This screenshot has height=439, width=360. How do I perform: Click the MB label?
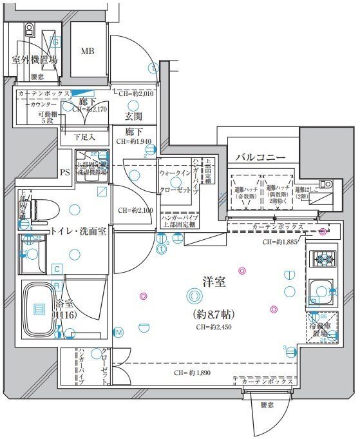87,52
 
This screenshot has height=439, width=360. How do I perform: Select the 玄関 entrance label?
134,117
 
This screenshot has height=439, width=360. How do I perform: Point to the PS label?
64,172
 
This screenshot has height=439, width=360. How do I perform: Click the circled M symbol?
118,332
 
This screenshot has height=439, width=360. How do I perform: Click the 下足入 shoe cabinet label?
84,137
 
